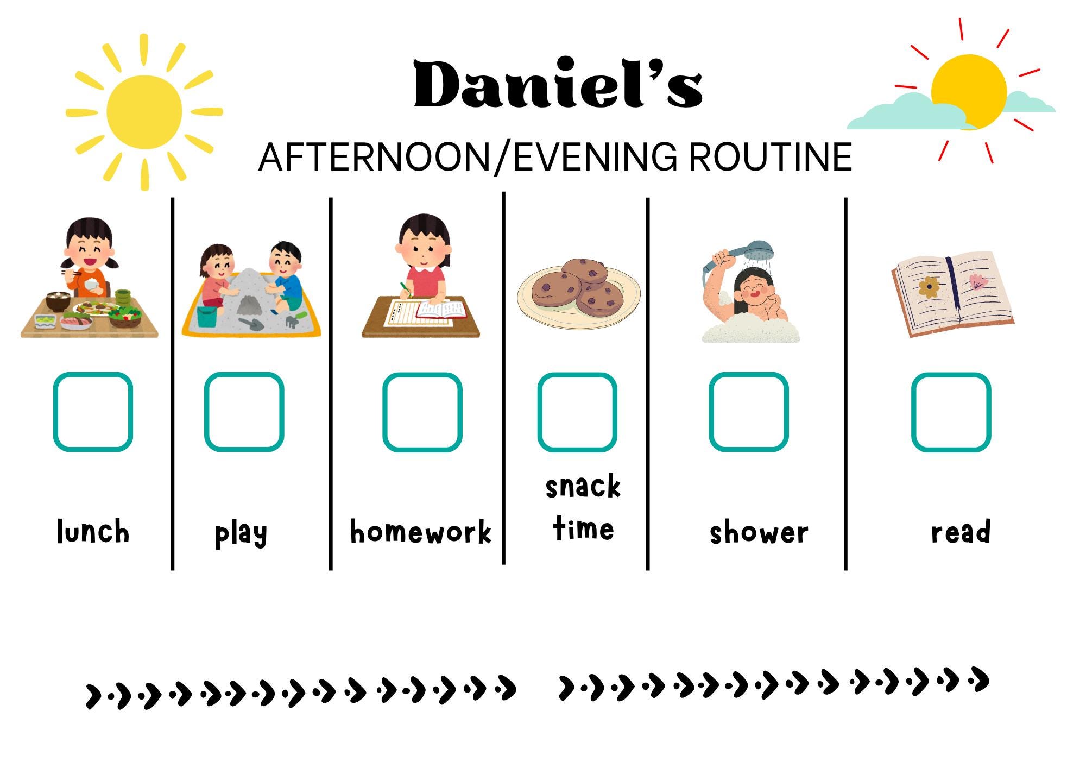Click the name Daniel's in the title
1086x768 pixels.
tap(558, 84)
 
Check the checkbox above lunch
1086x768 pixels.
tap(93, 412)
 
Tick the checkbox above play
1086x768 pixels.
tap(244, 412)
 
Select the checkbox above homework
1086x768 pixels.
tap(422, 412)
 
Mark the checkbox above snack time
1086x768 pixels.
tap(577, 412)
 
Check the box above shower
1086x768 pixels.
tap(748, 412)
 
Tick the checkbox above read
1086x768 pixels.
tap(951, 412)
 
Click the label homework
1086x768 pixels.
tap(420, 532)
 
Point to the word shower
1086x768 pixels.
tap(759, 533)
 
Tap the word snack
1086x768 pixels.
tap(583, 486)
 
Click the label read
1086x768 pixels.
tap(961, 532)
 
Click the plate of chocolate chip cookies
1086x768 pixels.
tap(578, 293)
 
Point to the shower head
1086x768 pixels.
tap(758, 250)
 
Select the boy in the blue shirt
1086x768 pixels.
tap(286, 277)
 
